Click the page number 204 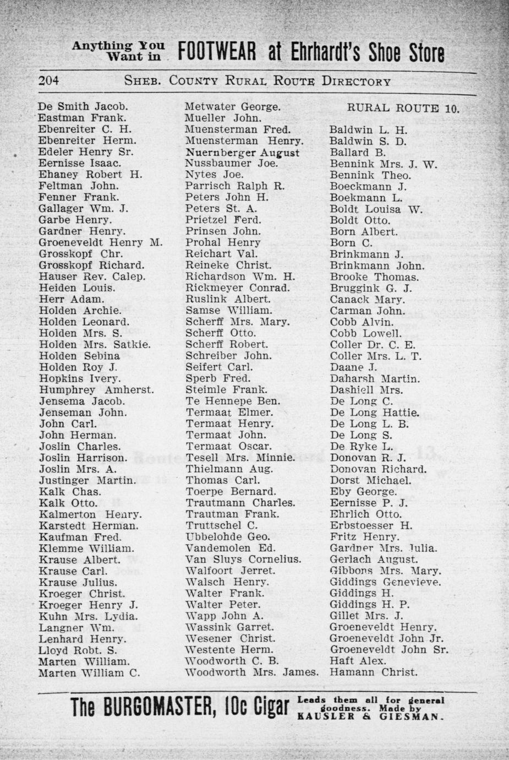pyautogui.click(x=48, y=82)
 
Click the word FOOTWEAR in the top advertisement pyautogui.click(x=218, y=53)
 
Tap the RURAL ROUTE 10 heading pyautogui.click(x=403, y=108)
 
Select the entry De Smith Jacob pyautogui.click(x=83, y=106)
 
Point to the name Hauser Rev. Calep pyautogui.click(x=92, y=276)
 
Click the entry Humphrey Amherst pyautogui.click(x=96, y=390)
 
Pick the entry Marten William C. pyautogui.click(x=89, y=673)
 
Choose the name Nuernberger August pyautogui.click(x=243, y=153)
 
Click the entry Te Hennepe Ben pyautogui.click(x=233, y=401)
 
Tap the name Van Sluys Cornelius pyautogui.click(x=243, y=560)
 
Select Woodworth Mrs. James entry pyautogui.click(x=252, y=672)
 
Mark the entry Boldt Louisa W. pyautogui.click(x=376, y=209)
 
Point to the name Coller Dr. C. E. pyautogui.click(x=373, y=345)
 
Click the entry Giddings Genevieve pyautogui.click(x=385, y=582)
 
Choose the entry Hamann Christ pyautogui.click(x=373, y=672)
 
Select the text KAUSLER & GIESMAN pyautogui.click(x=370, y=717)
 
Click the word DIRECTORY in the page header pyautogui.click(x=356, y=82)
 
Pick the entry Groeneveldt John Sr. pyautogui.click(x=389, y=650)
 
